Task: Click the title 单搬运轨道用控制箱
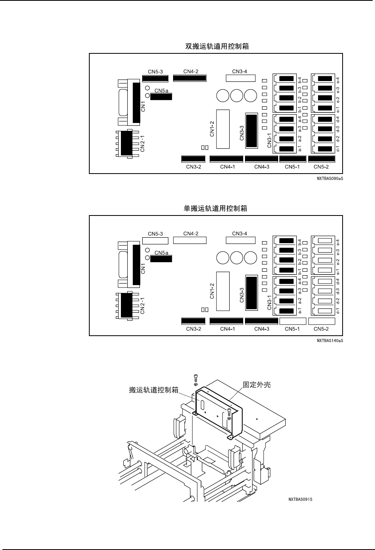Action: [x=215, y=208]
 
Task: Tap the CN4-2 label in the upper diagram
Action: [x=191, y=72]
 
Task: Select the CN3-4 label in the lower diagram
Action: [x=239, y=233]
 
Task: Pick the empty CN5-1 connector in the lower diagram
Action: [x=292, y=321]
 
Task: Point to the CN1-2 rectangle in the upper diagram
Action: [x=223, y=129]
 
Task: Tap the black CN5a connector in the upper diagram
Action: [x=161, y=96]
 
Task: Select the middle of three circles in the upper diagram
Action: [x=237, y=96]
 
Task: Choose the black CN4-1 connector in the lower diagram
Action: [x=226, y=321]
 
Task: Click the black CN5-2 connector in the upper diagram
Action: [x=322, y=159]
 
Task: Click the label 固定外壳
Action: [x=256, y=384]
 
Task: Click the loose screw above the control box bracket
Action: [x=195, y=378]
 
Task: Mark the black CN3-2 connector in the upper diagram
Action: [x=190, y=159]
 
